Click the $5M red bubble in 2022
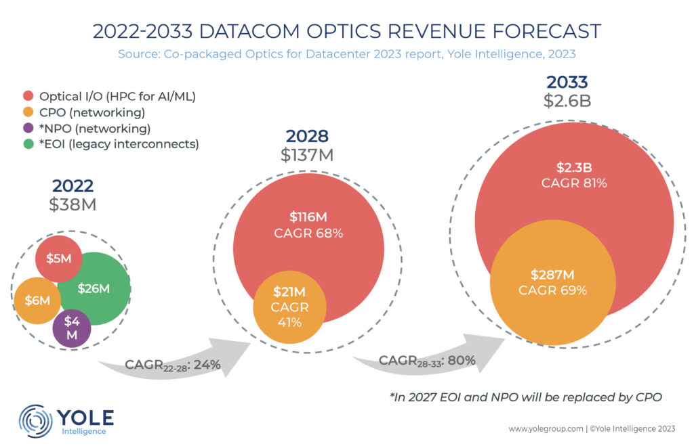58,258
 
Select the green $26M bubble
94,288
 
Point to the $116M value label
308,217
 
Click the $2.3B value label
573,168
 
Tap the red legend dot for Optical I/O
28,96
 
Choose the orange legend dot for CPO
28,112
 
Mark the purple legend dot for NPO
28,129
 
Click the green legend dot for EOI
28,144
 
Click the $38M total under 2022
73,203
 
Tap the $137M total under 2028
307,154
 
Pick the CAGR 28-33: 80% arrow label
427,360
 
